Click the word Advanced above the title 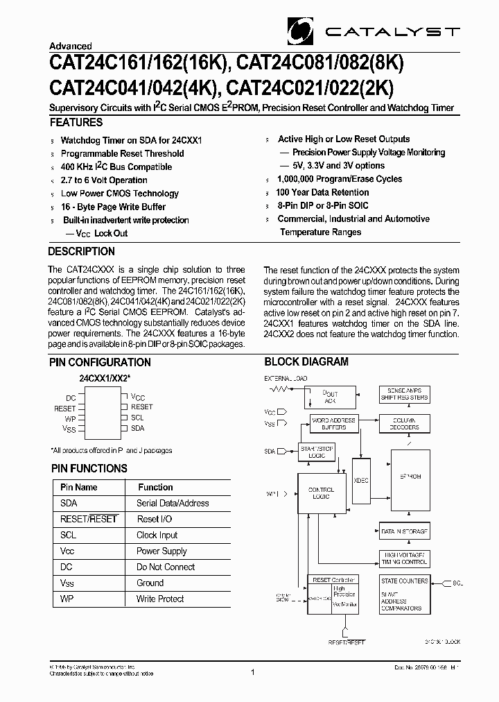click(x=70, y=46)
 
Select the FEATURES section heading click(x=76, y=123)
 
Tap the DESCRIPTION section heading click(x=82, y=252)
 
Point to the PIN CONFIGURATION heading click(x=100, y=362)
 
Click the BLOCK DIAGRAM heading click(x=306, y=362)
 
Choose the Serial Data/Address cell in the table click(x=173, y=504)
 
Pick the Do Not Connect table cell click(x=166, y=567)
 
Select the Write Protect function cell click(x=160, y=599)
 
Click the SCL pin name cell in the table click(x=69, y=536)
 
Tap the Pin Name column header click(x=78, y=488)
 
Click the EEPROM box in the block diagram click(x=410, y=477)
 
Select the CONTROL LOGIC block click(x=321, y=494)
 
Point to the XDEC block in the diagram click(x=360, y=479)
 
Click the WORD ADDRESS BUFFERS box click(x=333, y=424)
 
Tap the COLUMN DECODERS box click(x=405, y=424)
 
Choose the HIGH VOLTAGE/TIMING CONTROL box click(x=405, y=558)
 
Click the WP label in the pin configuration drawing click(x=70, y=419)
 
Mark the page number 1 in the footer click(x=253, y=672)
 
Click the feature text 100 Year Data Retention click(x=322, y=193)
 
